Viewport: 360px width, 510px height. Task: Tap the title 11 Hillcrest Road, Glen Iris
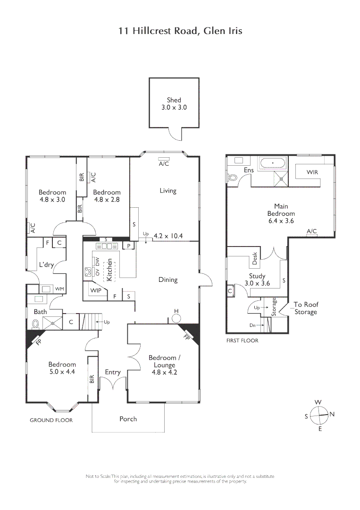[180, 31]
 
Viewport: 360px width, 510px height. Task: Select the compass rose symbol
[319, 415]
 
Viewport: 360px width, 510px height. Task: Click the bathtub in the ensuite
[273, 164]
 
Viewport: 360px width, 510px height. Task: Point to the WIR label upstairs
[312, 172]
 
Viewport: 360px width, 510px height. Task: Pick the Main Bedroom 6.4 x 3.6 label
[281, 213]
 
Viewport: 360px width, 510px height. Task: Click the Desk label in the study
[255, 257]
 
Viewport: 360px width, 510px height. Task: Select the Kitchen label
[109, 270]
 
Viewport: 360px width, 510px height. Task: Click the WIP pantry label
[96, 290]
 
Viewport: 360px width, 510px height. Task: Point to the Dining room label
[167, 280]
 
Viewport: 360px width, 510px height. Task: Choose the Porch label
[128, 419]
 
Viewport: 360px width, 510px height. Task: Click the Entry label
[113, 372]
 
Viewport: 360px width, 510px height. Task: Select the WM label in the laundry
[59, 289]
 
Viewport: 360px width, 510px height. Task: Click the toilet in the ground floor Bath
[36, 324]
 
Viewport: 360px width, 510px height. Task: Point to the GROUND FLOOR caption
[51, 420]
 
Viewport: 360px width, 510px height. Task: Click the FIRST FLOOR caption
[242, 340]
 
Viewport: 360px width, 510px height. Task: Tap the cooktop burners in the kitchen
[88, 272]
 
